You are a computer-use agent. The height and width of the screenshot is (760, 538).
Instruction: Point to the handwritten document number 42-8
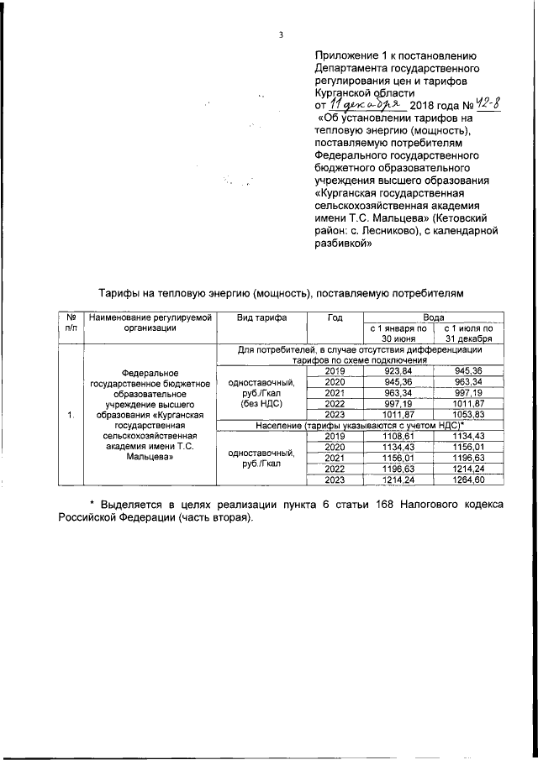pos(486,105)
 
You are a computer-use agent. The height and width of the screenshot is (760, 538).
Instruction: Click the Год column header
pos(335,318)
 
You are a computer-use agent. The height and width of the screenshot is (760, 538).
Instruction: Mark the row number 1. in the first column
pos(70,414)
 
